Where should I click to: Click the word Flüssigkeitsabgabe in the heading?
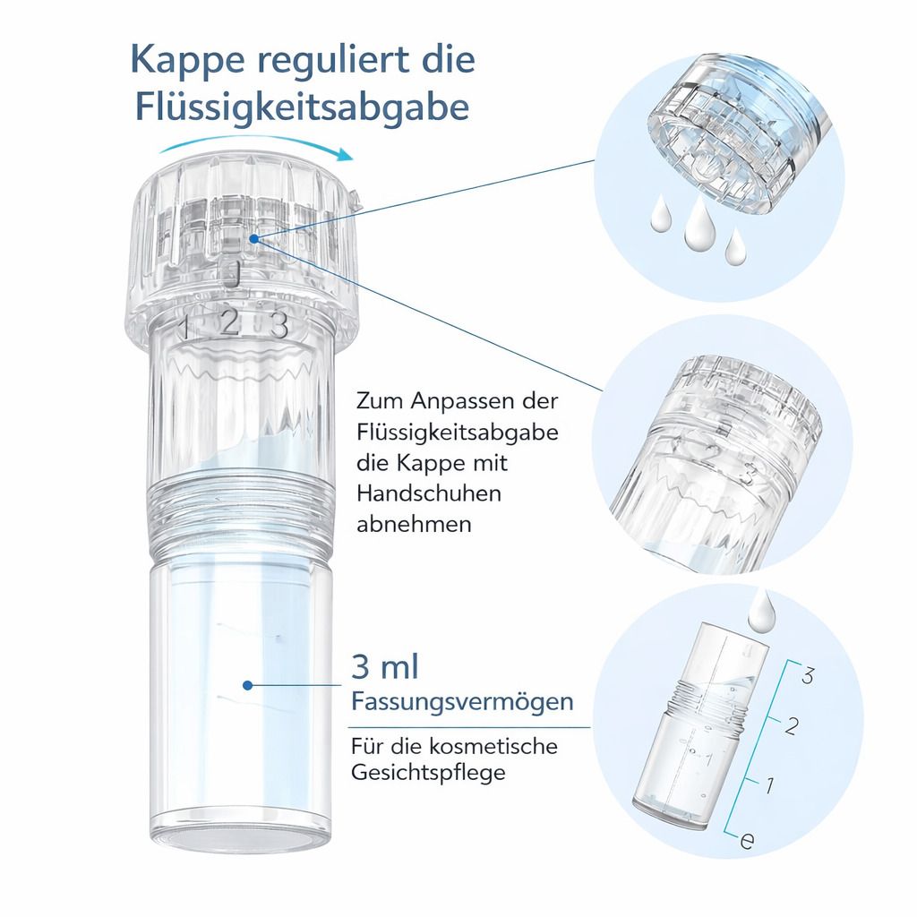point(303,107)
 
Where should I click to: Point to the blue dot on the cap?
point(256,238)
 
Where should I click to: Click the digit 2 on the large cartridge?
point(229,321)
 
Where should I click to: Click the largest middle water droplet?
point(698,229)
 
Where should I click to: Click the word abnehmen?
point(413,524)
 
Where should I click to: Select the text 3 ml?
point(386,668)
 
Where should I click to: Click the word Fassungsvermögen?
point(462,701)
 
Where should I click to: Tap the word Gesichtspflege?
point(428,772)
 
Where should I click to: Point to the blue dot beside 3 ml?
point(248,684)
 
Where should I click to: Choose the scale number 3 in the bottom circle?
point(808,676)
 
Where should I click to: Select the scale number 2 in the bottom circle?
point(791,726)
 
